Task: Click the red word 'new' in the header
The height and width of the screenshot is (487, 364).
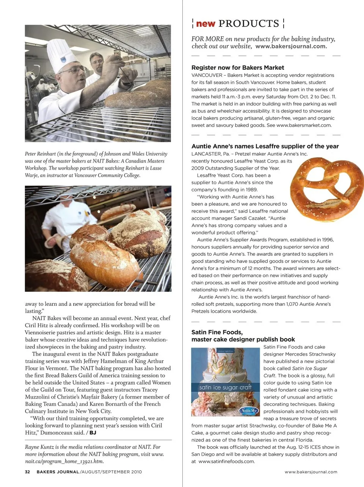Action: coord(206,23)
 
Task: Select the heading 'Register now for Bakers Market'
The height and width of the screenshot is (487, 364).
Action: coord(237,67)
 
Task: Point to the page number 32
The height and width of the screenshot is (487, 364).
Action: coord(27,472)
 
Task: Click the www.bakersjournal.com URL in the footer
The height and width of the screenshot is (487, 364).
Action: coord(311,472)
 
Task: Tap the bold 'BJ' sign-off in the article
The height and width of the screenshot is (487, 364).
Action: coord(93,432)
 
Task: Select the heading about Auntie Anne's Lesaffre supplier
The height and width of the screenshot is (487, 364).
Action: coord(265,146)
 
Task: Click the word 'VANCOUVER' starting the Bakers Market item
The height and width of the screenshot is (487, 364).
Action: coord(207,75)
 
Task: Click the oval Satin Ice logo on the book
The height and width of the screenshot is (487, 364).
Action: coord(249,410)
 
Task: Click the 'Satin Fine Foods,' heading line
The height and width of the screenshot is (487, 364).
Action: coord(217,332)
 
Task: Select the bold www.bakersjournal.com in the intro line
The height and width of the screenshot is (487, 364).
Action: coord(291,46)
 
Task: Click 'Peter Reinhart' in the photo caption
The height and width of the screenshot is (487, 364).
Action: coord(40,154)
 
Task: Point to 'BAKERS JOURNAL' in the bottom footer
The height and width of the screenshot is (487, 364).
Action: coord(58,472)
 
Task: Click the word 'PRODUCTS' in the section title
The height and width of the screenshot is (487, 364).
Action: coord(249,23)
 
